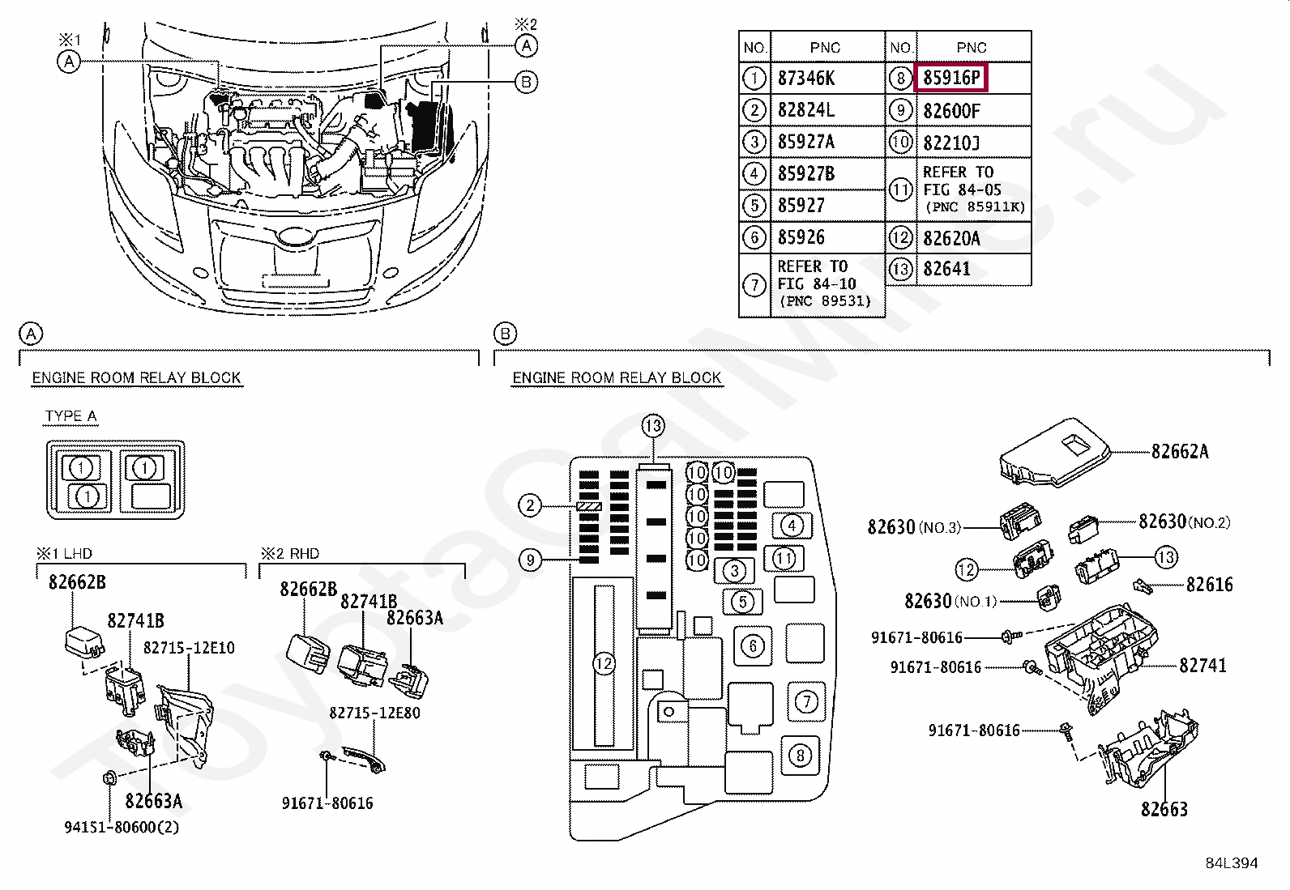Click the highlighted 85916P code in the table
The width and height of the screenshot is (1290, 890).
point(951,79)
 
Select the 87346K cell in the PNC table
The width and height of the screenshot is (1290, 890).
point(805,79)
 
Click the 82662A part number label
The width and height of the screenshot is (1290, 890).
point(1179,452)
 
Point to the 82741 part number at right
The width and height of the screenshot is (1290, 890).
point(1202,666)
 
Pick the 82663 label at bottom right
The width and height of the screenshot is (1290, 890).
point(1164,808)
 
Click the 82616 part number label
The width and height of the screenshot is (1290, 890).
point(1209,585)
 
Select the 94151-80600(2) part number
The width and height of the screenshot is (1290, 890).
point(122,827)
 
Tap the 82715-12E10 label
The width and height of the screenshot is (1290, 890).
point(189,648)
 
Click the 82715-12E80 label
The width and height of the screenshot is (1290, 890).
point(374,713)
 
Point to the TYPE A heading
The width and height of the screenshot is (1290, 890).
point(70,416)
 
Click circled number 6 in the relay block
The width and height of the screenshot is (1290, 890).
point(754,645)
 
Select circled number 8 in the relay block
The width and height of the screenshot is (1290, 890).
point(800,756)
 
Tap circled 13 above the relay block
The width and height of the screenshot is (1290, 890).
point(653,425)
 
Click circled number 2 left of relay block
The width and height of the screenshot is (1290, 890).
point(530,506)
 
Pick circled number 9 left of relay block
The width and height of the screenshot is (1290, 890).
point(530,560)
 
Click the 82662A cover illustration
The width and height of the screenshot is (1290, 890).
point(1053,452)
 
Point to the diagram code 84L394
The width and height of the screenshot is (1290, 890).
point(1231,863)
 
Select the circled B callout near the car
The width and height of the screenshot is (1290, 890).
point(525,82)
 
